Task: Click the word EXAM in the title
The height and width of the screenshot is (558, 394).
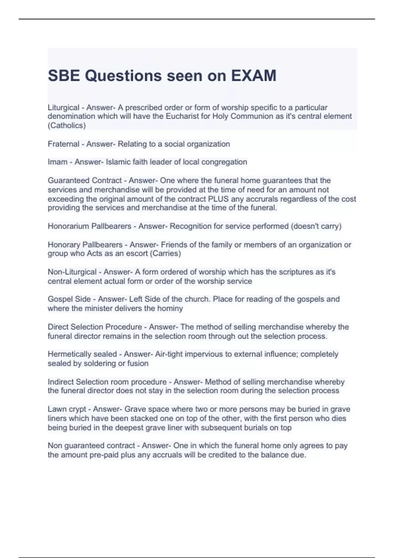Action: [x=254, y=76]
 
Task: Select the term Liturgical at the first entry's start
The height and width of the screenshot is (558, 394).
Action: [x=63, y=108]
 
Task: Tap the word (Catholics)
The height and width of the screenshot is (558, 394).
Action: [x=67, y=126]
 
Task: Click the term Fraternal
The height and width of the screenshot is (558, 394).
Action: [x=63, y=144]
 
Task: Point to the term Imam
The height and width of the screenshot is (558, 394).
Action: [x=57, y=162]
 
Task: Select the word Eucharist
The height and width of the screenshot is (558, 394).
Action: [x=183, y=117]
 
